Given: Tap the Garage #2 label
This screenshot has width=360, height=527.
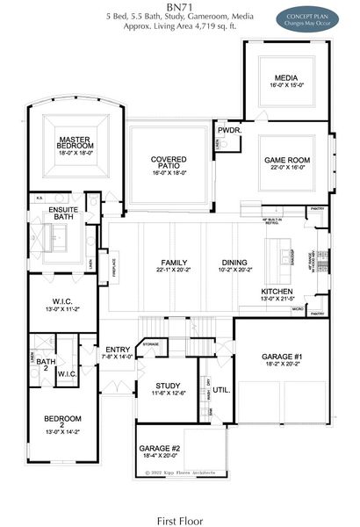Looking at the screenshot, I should coord(159,451).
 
